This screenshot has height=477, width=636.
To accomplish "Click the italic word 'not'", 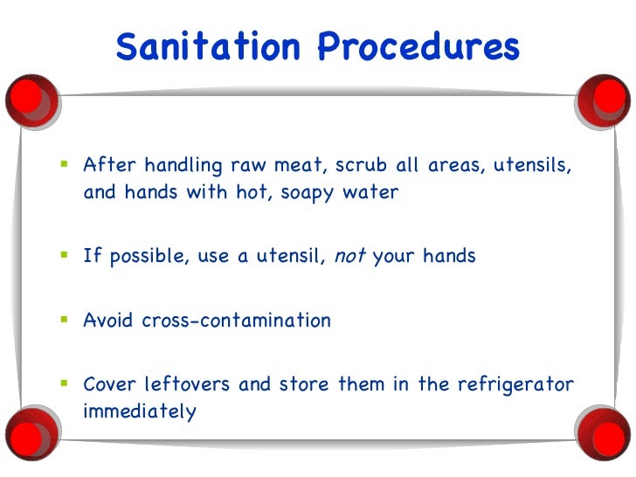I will [350, 256].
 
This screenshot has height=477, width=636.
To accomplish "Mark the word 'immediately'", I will [140, 411].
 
